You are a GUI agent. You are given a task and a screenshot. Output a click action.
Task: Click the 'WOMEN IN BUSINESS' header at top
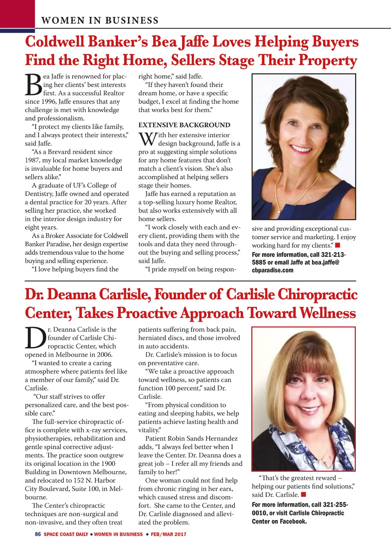(100, 20)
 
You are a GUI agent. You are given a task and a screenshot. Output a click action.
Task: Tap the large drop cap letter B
(33, 84)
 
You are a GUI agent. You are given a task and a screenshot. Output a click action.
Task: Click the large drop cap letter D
(35, 338)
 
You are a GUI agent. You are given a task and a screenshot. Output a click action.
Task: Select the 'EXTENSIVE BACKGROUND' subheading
(184, 125)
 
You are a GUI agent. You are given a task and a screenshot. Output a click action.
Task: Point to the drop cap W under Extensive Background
(147, 139)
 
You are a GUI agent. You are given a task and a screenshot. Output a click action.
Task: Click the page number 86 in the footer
(37, 534)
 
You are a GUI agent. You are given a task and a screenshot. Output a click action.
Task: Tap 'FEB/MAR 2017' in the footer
(168, 534)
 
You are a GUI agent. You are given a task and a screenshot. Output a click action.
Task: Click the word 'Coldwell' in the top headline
(55, 42)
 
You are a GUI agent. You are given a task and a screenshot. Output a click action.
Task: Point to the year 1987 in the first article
(33, 160)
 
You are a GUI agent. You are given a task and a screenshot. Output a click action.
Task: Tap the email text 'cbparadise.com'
(273, 271)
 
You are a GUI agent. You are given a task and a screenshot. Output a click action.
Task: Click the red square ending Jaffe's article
(338, 245)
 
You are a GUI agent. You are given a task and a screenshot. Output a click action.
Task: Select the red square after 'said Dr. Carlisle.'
(304, 495)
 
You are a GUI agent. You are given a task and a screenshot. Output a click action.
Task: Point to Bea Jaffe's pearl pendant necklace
(279, 210)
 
